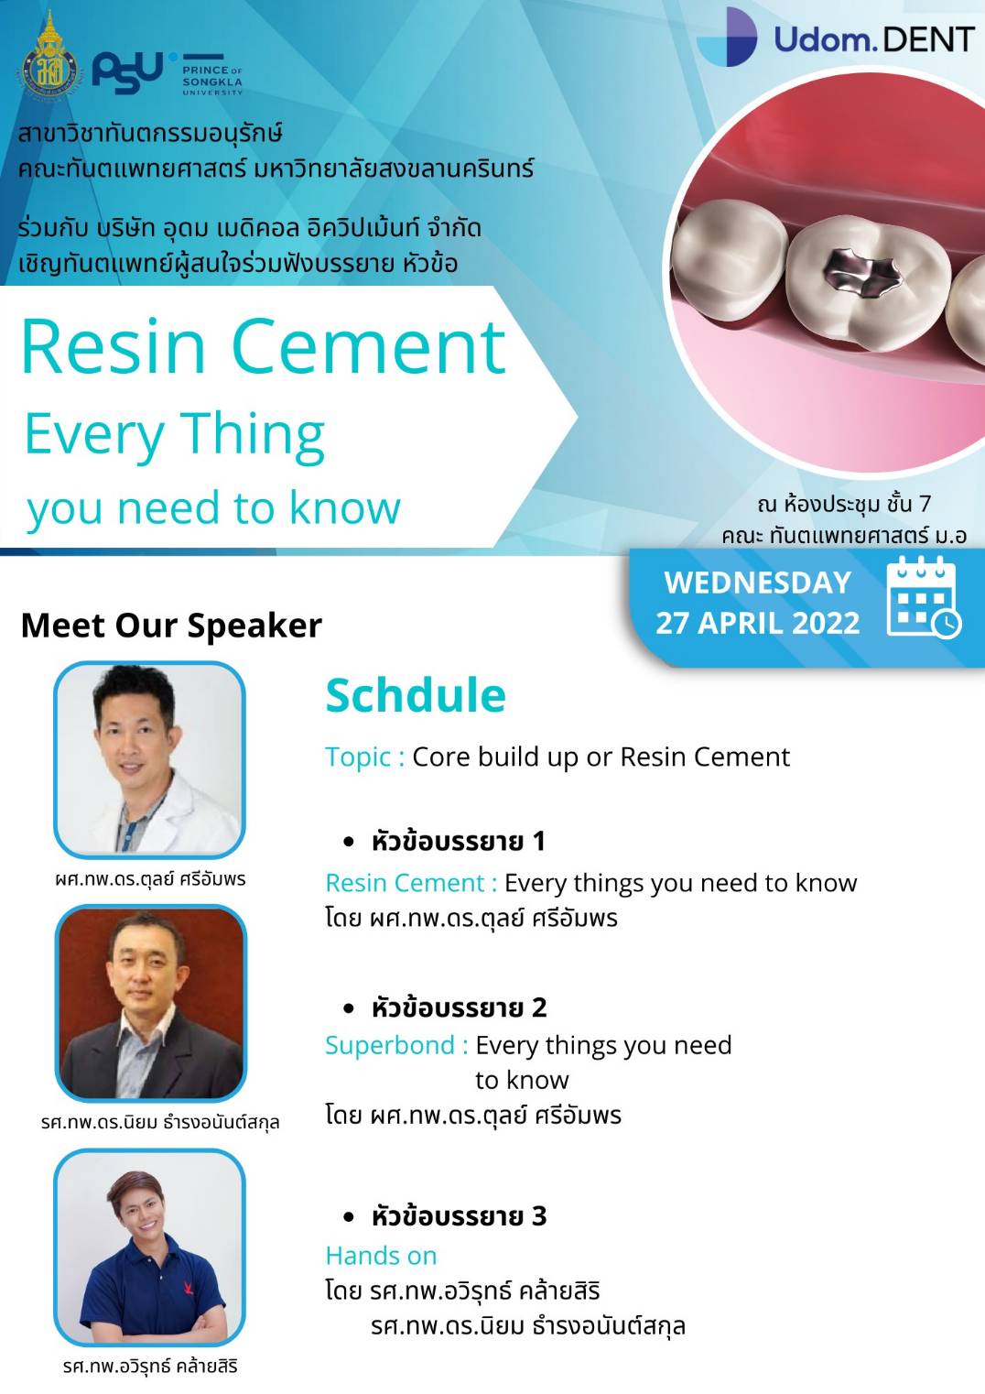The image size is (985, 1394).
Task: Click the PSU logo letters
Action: (127, 71)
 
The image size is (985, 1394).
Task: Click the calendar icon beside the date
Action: (924, 598)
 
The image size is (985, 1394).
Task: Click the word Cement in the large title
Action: (370, 346)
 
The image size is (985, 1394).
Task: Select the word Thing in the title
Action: (255, 437)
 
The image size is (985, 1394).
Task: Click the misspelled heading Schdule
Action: (416, 695)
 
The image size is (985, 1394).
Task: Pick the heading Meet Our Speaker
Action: (171, 626)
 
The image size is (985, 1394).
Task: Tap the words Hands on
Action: (381, 1256)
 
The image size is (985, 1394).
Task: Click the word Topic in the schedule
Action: (358, 757)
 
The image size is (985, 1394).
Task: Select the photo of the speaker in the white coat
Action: (150, 760)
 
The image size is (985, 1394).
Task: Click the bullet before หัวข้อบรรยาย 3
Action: (349, 1216)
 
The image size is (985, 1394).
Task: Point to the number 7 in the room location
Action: (925, 504)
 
